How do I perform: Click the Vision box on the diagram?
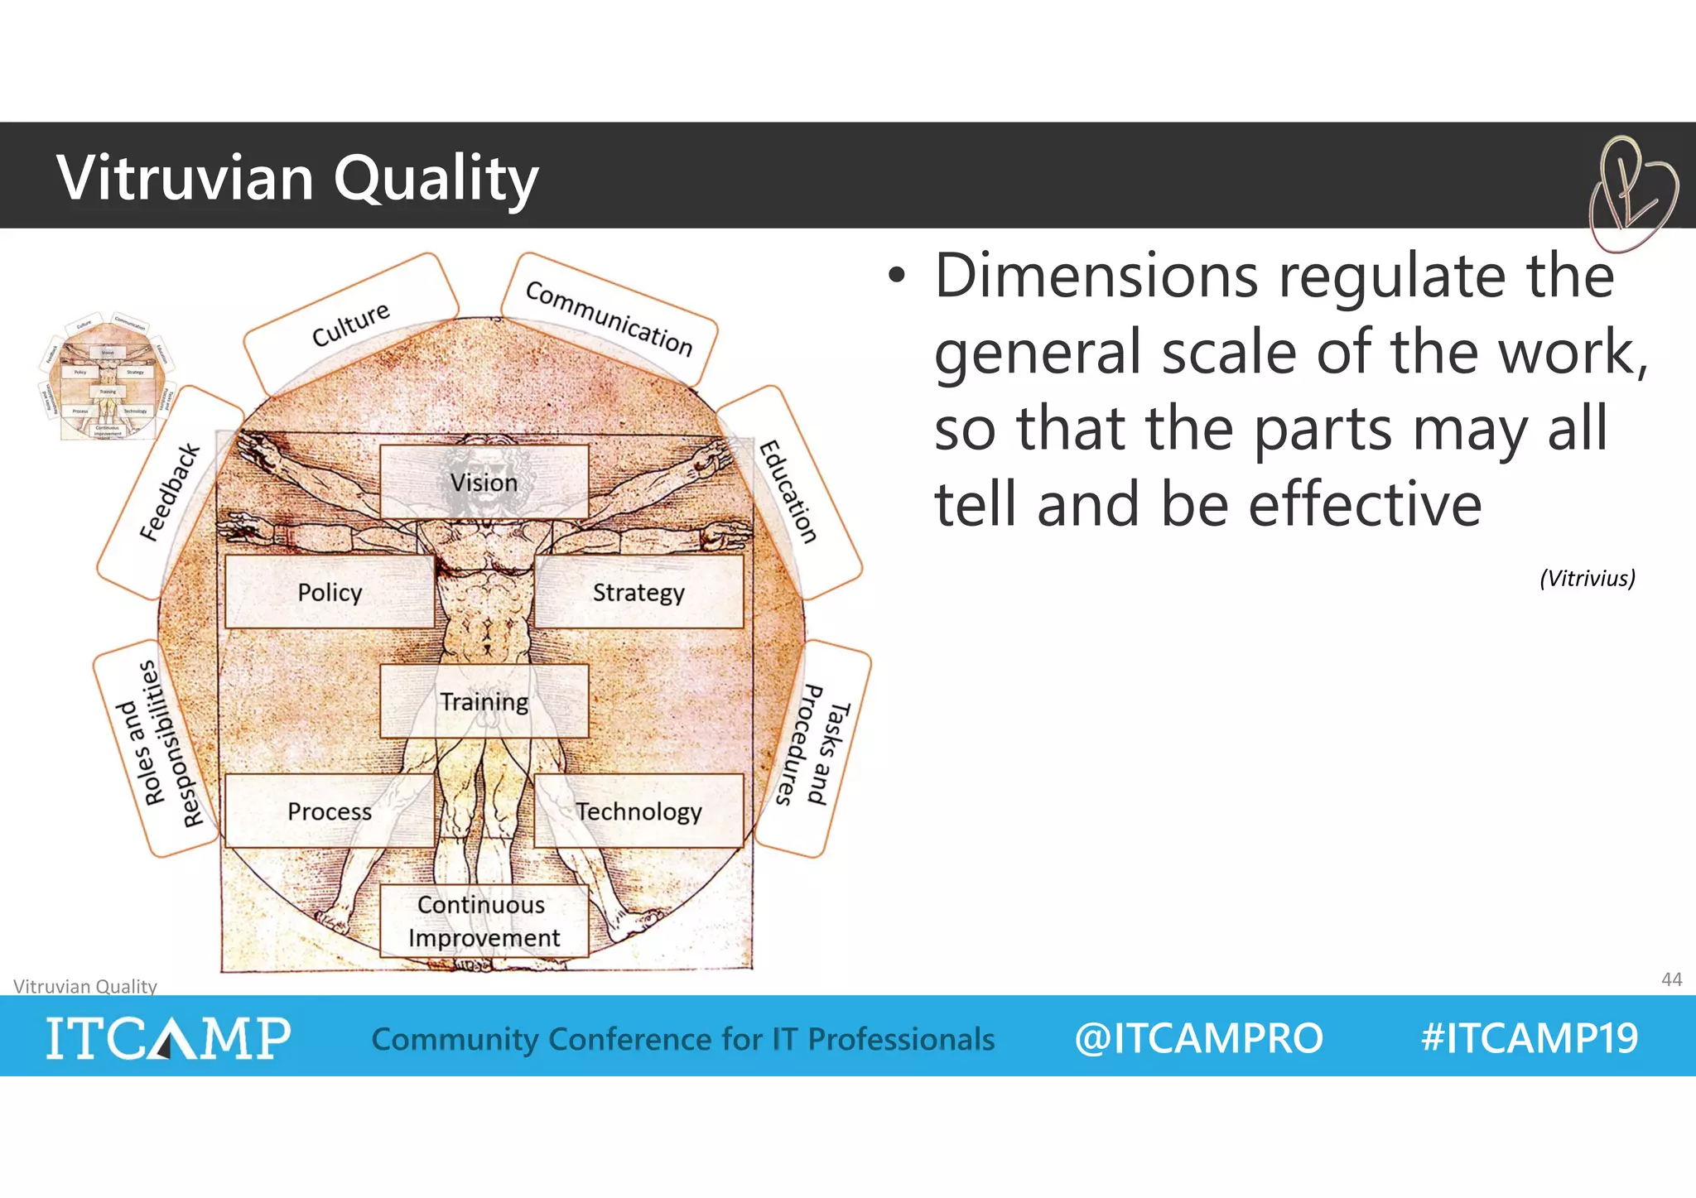click(x=484, y=482)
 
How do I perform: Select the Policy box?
click(x=330, y=592)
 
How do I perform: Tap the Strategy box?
click(x=638, y=592)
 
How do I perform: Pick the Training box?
click(x=484, y=701)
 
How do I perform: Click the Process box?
click(x=330, y=811)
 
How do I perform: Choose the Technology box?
click(x=638, y=811)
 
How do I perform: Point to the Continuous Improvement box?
click(x=484, y=921)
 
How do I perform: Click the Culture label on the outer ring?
click(x=351, y=324)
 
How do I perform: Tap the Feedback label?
click(x=170, y=492)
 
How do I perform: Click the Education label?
click(x=788, y=492)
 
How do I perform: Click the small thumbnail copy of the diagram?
click(x=107, y=377)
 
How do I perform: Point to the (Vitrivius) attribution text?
click(x=1587, y=578)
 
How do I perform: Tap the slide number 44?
click(x=1671, y=979)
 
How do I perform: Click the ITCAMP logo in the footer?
click(x=168, y=1037)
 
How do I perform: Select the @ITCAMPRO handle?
click(x=1198, y=1038)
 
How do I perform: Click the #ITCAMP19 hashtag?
click(x=1529, y=1037)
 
